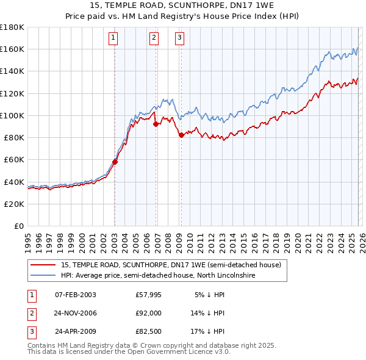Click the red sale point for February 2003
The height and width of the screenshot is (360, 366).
(x=115, y=162)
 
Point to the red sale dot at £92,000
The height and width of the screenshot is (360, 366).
(x=156, y=124)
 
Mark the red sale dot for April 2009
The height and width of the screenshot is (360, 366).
(x=181, y=135)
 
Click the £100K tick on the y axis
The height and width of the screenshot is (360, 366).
(x=12, y=115)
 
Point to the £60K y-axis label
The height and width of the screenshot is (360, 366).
(x=13, y=159)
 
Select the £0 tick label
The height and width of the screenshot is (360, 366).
(x=19, y=226)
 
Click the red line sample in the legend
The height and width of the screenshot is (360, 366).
(x=43, y=265)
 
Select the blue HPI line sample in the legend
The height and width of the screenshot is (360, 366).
(x=43, y=276)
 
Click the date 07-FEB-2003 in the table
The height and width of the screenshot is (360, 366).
(x=75, y=295)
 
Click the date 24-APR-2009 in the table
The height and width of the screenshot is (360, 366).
(x=75, y=331)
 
